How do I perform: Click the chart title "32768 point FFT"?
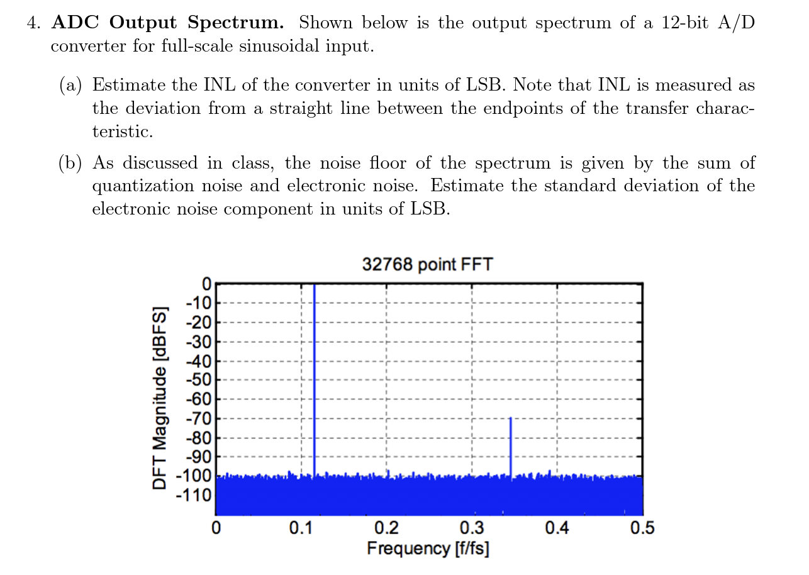click(427, 264)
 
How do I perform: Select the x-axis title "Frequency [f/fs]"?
click(428, 548)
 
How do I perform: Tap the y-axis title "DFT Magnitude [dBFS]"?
click(160, 398)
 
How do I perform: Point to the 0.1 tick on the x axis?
click(301, 528)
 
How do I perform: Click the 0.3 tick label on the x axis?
click(471, 528)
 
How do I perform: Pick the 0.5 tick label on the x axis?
click(642, 528)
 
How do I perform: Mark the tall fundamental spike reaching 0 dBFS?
click(314, 377)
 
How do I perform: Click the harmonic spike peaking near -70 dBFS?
click(510, 447)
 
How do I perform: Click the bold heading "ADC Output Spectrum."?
click(168, 23)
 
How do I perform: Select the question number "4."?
click(34, 23)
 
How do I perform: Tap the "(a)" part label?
click(71, 85)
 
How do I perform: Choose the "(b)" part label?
click(71, 164)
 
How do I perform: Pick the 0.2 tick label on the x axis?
click(386, 528)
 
